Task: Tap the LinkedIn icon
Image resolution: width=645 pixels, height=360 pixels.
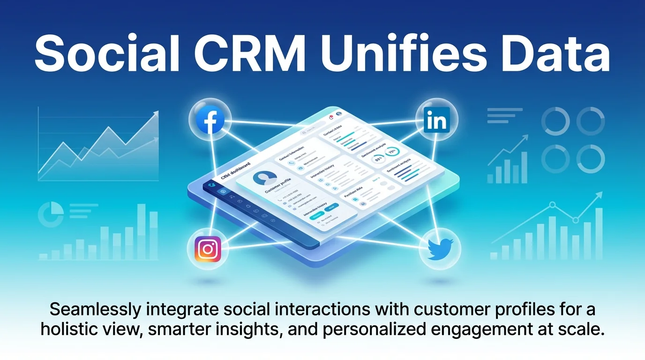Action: coord(436,120)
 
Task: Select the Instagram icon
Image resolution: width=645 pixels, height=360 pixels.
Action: coord(207,248)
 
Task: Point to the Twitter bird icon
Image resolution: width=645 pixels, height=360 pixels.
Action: coord(441,247)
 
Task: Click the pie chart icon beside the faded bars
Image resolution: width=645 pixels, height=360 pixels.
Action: coord(51,213)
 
